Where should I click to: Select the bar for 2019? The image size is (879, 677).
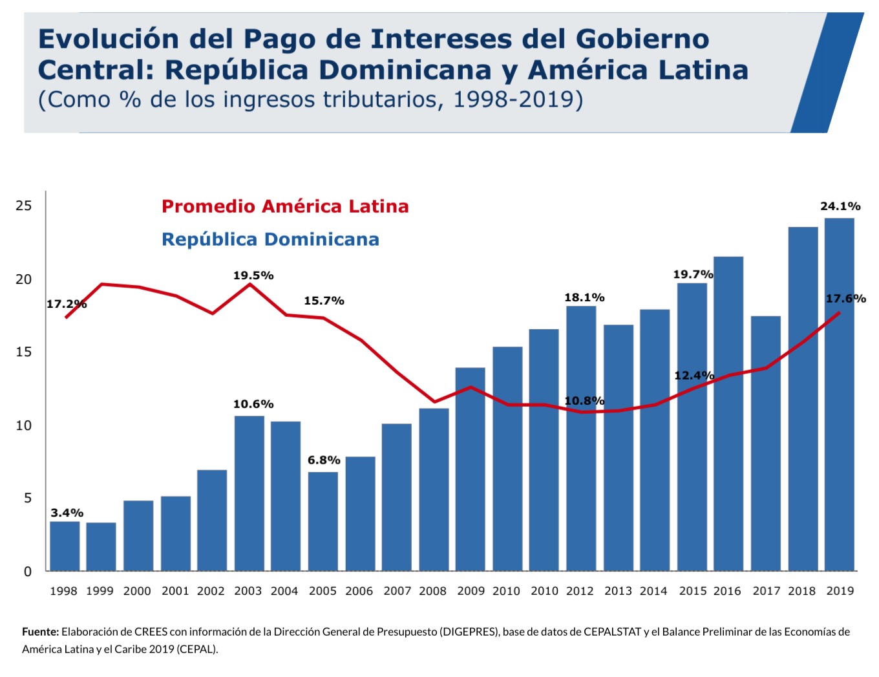(839, 394)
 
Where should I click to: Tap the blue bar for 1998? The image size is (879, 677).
(65, 546)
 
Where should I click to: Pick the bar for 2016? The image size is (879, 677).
(728, 414)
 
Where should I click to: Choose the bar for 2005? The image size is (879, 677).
(323, 521)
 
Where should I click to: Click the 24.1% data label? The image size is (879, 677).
(840, 206)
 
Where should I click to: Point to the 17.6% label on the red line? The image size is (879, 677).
(845, 299)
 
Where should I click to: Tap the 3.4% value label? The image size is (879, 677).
(67, 513)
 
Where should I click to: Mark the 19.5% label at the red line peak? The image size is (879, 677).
(253, 275)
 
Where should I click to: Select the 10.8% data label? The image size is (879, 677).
(584, 401)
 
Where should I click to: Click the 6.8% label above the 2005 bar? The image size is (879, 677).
(324, 460)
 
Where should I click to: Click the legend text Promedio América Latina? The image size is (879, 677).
(285, 206)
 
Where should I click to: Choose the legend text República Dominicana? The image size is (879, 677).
(270, 239)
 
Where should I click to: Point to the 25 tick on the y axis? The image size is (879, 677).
(24, 206)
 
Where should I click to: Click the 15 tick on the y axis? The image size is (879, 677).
(24, 352)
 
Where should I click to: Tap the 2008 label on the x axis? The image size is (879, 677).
(432, 591)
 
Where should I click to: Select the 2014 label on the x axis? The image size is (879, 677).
(653, 591)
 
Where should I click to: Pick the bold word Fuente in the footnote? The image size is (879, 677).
(40, 632)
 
